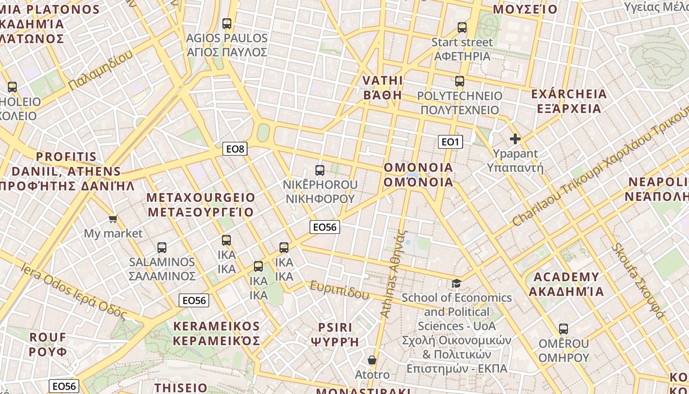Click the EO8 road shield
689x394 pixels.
(235, 149)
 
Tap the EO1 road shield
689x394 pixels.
(450, 142)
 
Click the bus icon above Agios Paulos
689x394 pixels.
(227, 23)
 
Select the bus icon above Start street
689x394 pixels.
(462, 28)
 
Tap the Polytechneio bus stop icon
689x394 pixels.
(460, 81)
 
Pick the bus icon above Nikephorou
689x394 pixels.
(320, 170)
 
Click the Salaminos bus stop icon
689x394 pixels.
(162, 247)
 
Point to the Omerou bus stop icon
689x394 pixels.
(564, 328)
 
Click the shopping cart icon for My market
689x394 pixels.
(113, 219)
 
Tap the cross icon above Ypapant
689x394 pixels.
(515, 139)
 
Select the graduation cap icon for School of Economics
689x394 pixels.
(457, 283)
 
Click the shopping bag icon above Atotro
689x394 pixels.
(372, 361)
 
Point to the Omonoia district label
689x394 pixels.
(418, 175)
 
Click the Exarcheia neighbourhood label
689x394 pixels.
(569, 101)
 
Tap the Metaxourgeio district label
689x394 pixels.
(201, 205)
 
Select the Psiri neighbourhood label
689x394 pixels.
(335, 334)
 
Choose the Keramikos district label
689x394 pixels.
(217, 333)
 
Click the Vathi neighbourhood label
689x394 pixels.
(382, 88)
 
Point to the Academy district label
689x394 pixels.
(566, 284)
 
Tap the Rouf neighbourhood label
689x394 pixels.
(48, 344)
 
